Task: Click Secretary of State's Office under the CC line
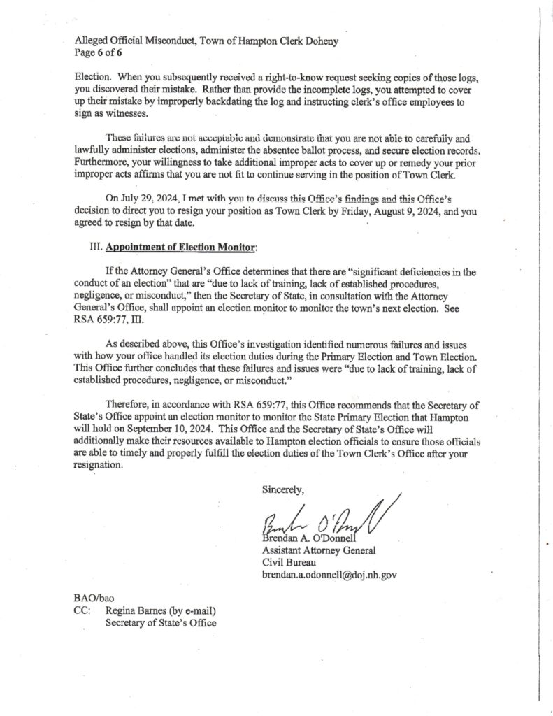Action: point(160,623)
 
